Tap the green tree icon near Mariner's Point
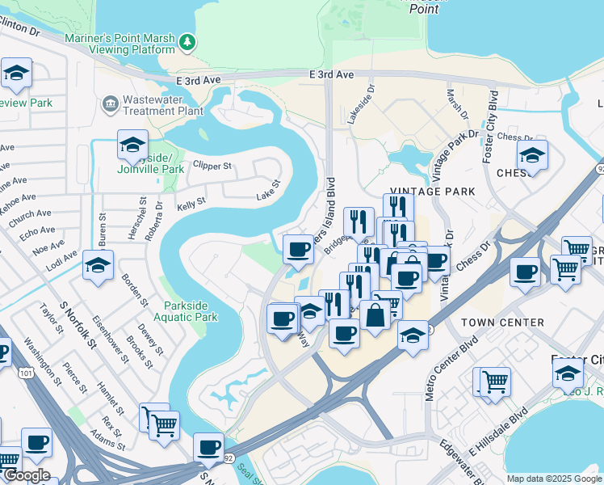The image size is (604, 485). point(187,41)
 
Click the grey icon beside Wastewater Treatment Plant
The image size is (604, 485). point(109,104)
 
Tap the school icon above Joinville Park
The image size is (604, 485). point(132,146)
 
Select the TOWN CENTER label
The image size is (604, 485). point(502,323)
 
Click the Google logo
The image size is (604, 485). point(27,475)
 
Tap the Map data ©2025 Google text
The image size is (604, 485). point(554,479)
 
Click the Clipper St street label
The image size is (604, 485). point(212,167)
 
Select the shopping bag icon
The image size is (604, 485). point(375,314)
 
